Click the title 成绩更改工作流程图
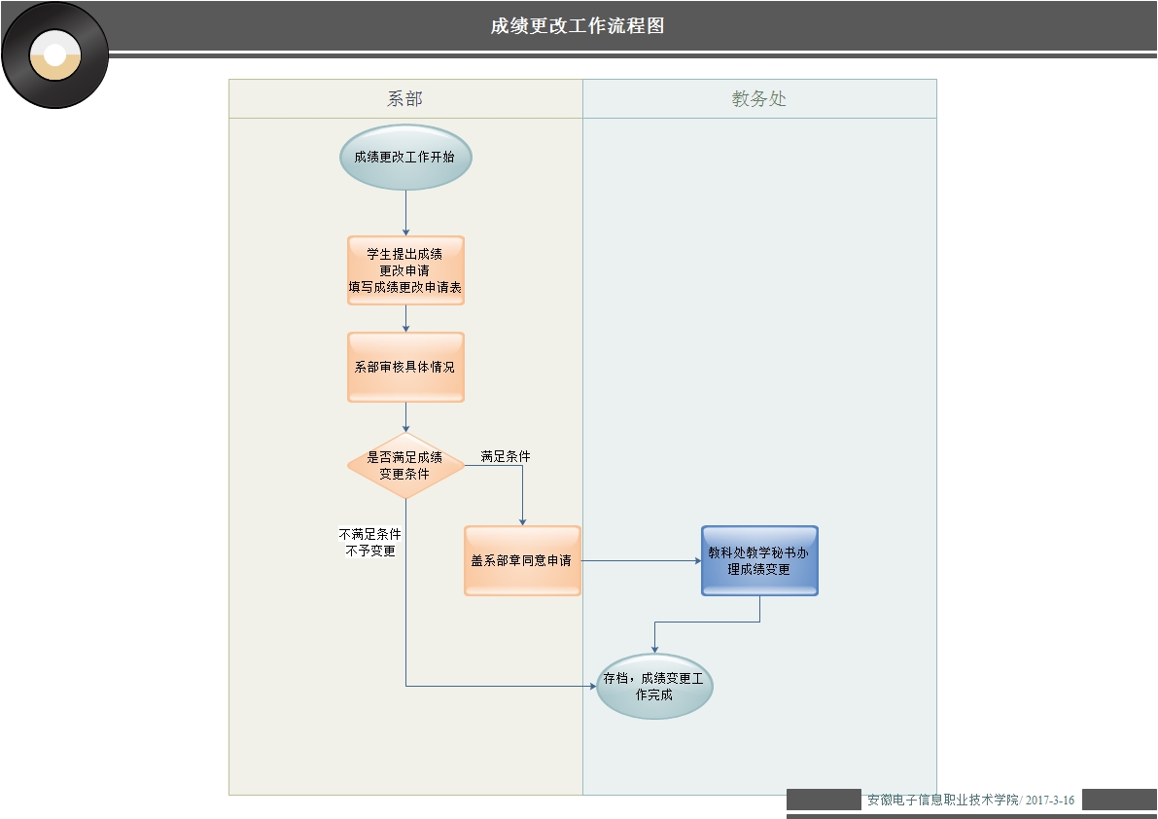pyautogui.click(x=578, y=26)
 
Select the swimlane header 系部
pyautogui.click(x=404, y=98)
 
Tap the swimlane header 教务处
pyautogui.click(x=759, y=98)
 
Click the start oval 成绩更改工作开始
pyautogui.click(x=405, y=157)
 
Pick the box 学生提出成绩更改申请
pyautogui.click(x=405, y=270)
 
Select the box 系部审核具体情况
pyautogui.click(x=405, y=367)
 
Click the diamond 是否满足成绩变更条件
pyautogui.click(x=405, y=466)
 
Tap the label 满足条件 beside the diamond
pyautogui.click(x=506, y=455)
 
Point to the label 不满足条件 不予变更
pyautogui.click(x=370, y=543)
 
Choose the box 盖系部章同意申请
pyautogui.click(x=522, y=560)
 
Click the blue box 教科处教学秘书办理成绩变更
pyautogui.click(x=759, y=560)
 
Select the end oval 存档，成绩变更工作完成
pyautogui.click(x=654, y=686)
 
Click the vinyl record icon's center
pyautogui.click(x=55, y=55)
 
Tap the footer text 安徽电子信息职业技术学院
pyautogui.click(x=942, y=800)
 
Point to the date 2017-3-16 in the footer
pyautogui.click(x=1050, y=800)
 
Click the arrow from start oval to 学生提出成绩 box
pyautogui.click(x=405, y=213)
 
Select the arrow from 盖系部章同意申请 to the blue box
pyautogui.click(x=642, y=560)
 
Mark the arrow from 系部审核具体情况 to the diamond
pyautogui.click(x=405, y=416)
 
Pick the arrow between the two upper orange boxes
pyautogui.click(x=405, y=318)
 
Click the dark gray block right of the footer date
pyautogui.click(x=1118, y=800)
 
